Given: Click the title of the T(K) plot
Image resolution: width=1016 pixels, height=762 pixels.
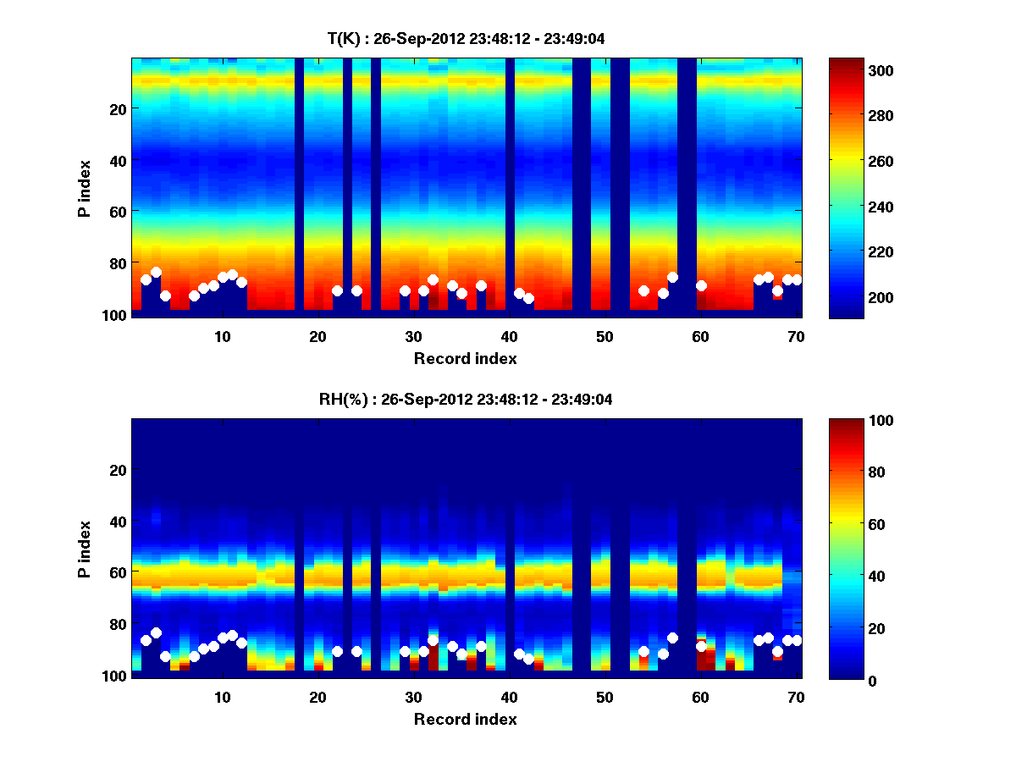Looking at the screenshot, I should (466, 38).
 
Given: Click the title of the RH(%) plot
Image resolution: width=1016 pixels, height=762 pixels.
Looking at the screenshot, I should (466, 400).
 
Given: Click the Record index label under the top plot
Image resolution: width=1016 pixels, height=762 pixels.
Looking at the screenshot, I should (466, 358).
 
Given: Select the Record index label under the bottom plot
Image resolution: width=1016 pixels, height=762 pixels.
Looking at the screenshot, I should (466, 719).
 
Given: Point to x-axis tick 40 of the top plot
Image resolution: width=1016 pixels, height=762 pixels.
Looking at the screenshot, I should (509, 336).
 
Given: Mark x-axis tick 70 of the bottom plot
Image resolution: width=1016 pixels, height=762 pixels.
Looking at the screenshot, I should (796, 697).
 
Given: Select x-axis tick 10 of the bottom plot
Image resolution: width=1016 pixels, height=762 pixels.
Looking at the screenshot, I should (222, 697).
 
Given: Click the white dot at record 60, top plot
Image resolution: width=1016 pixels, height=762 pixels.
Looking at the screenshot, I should (701, 286).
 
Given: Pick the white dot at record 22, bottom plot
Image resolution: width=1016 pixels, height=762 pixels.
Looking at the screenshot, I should (337, 651).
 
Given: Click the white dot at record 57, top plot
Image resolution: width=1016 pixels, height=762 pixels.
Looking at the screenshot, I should (672, 277).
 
